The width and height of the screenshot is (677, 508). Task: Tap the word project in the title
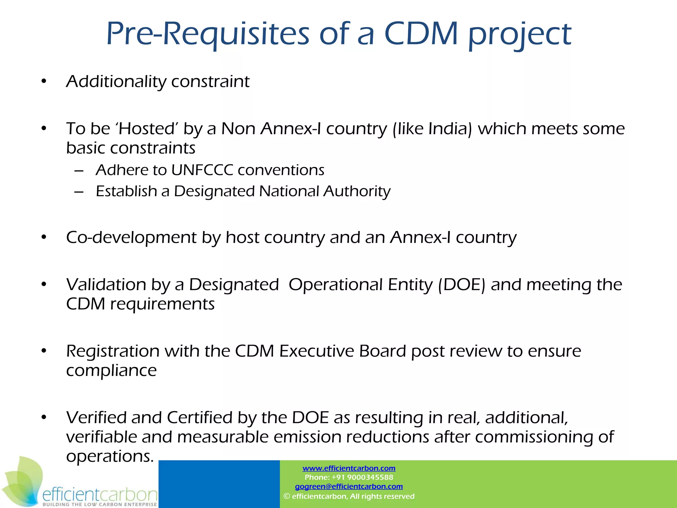point(520,34)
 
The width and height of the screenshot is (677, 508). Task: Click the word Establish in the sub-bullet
point(126,191)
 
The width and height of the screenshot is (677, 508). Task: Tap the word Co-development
point(131,237)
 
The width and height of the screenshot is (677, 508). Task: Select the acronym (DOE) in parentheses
point(461,284)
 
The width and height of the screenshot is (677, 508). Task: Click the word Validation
point(106,284)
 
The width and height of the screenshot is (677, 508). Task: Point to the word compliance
point(111,370)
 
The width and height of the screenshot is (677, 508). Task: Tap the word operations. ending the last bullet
point(110,456)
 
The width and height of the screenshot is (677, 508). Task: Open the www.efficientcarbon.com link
point(349,468)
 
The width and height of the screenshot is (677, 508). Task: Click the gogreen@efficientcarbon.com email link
point(349,487)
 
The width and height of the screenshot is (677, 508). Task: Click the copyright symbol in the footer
point(287,496)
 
